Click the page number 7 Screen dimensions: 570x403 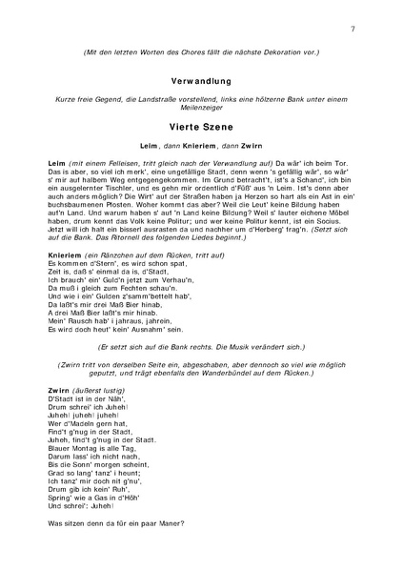point(353,31)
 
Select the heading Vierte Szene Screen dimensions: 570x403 point(201,125)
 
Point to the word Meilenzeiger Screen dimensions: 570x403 point(202,109)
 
